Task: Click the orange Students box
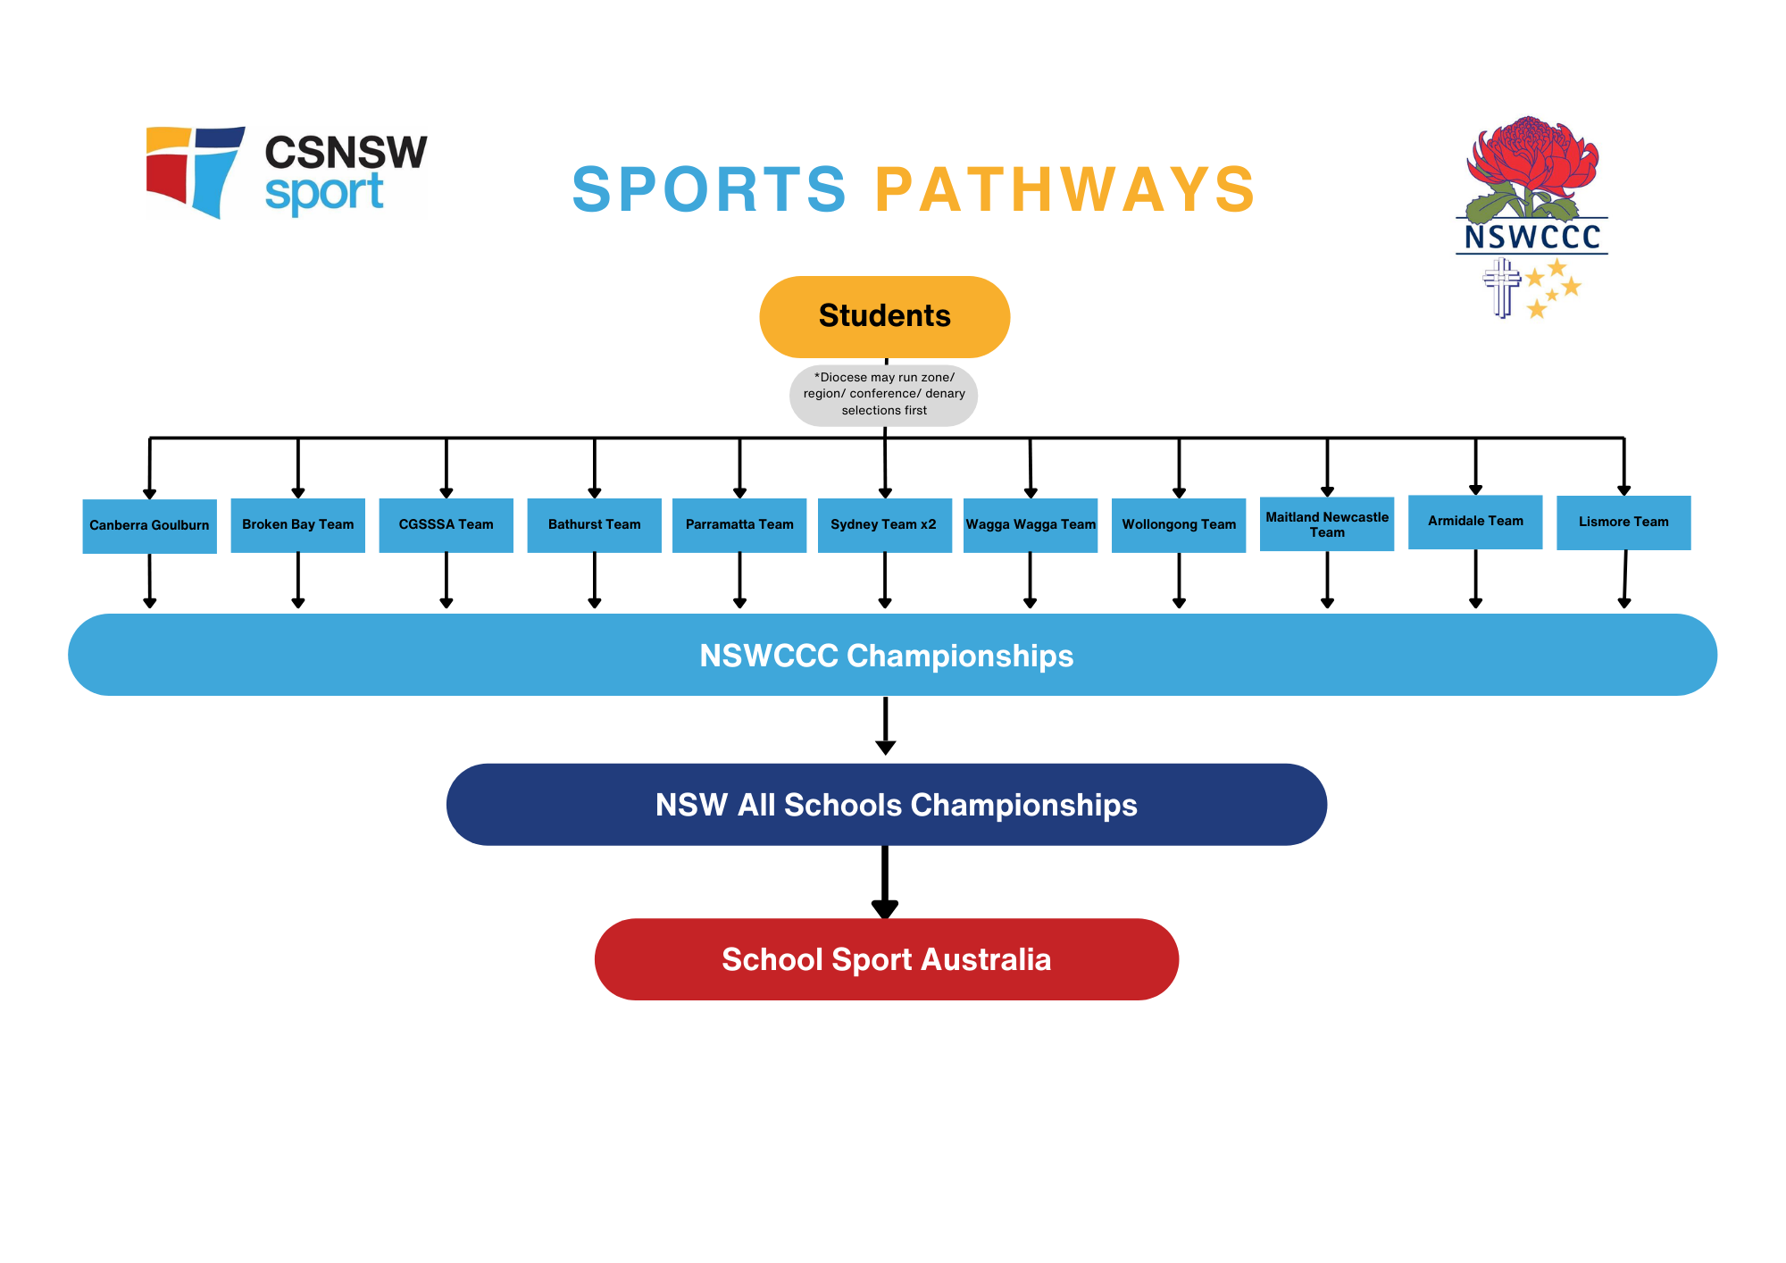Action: (x=884, y=316)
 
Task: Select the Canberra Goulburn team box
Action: (x=149, y=526)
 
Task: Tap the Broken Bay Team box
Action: (x=297, y=525)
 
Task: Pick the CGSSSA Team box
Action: (x=446, y=525)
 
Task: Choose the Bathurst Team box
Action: (x=594, y=525)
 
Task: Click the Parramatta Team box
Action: (x=739, y=525)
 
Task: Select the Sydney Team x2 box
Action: (x=884, y=525)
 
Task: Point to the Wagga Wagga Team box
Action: (x=1031, y=525)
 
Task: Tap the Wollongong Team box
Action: (x=1179, y=525)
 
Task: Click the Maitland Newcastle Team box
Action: (x=1327, y=524)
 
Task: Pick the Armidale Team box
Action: (x=1475, y=522)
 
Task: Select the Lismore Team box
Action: (x=1623, y=523)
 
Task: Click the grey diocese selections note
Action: (x=884, y=395)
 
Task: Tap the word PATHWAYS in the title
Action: (x=1064, y=190)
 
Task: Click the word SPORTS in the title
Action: (x=709, y=190)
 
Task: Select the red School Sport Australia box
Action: (x=886, y=959)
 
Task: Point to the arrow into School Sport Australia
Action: (x=885, y=882)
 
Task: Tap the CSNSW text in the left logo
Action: (x=346, y=153)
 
